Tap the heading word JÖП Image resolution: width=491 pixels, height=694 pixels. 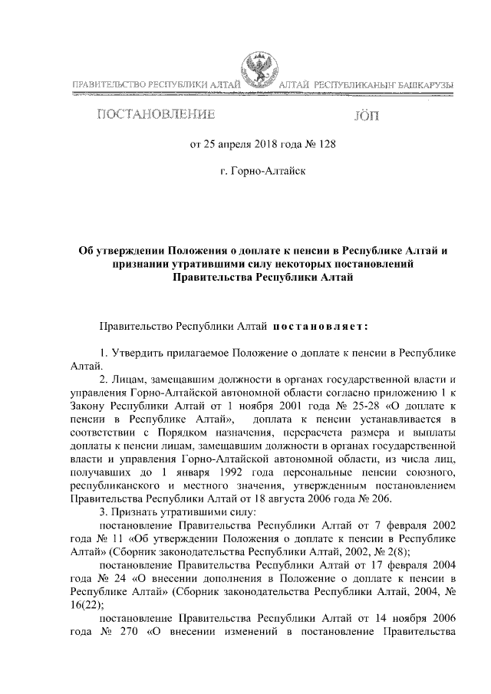364,116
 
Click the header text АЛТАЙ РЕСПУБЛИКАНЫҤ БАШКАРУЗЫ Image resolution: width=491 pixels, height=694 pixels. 365,84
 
